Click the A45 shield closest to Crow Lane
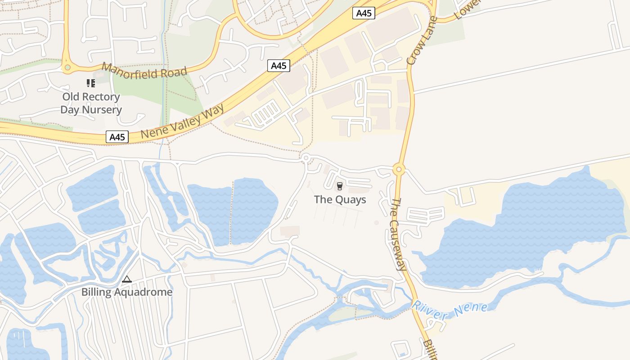coord(364,13)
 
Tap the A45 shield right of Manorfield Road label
coord(279,66)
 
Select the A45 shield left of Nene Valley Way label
coord(117,137)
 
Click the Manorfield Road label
coord(144,71)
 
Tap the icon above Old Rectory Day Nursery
coord(91,83)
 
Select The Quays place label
coord(340,199)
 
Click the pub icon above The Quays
coord(340,186)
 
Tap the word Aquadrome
coord(143,292)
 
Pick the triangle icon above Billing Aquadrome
coord(127,279)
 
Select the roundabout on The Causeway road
coord(399,170)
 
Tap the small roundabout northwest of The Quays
coord(306,157)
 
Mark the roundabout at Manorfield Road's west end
coord(67,67)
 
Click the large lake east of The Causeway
coord(531,229)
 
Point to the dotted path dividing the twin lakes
coord(232,211)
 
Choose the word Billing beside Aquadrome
coord(96,292)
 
